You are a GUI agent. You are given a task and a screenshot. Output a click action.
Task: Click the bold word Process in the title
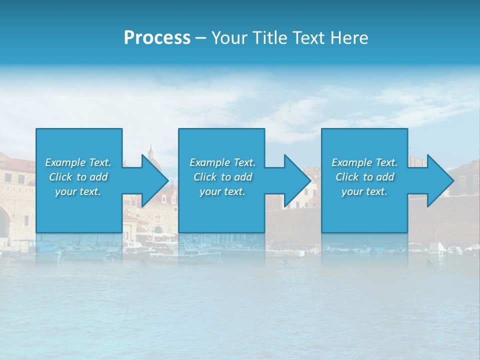[157, 38]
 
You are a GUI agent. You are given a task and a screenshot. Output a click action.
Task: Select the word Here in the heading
[348, 38]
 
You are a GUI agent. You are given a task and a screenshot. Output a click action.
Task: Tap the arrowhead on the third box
[439, 180]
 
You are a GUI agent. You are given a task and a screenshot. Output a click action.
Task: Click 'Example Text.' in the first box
[78, 162]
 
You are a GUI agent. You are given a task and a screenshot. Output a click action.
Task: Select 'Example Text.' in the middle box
[222, 162]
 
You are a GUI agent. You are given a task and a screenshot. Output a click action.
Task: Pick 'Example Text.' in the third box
[364, 162]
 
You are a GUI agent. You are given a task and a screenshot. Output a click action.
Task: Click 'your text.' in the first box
[78, 191]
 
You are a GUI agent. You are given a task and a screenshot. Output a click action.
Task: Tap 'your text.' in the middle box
[222, 191]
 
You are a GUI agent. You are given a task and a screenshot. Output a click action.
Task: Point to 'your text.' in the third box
[364, 191]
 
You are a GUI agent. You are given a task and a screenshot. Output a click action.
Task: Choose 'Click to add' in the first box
[78, 177]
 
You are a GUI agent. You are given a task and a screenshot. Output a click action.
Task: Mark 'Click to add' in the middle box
[222, 177]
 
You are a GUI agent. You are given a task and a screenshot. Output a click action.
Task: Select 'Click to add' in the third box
[364, 177]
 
